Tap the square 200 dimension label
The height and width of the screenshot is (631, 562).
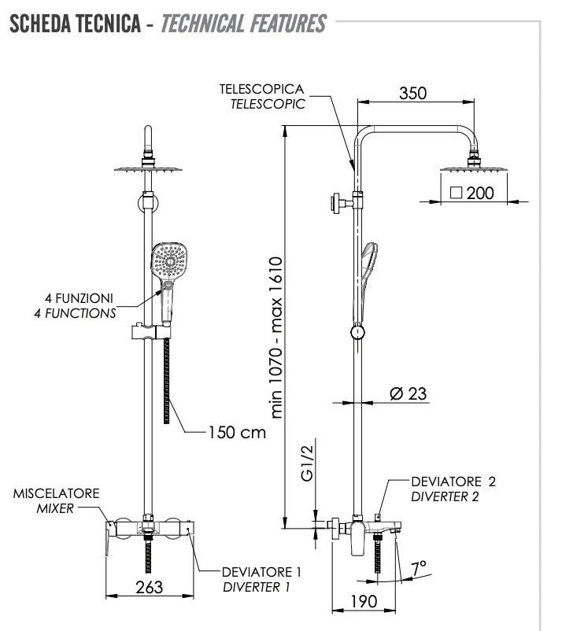tap(471, 193)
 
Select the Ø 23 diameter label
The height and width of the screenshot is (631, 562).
tap(408, 393)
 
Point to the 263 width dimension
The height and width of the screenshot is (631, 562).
tap(149, 587)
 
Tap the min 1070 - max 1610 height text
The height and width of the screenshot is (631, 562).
tap(276, 338)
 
